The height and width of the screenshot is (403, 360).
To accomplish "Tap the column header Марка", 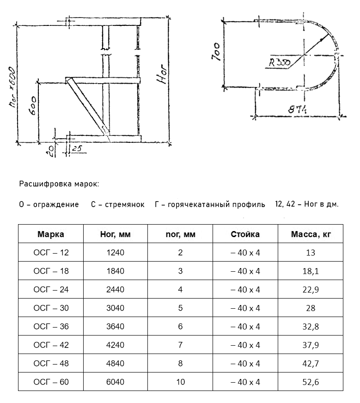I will [51, 234].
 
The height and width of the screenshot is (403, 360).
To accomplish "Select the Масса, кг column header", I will [311, 234].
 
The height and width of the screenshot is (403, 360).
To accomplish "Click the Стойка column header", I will [245, 234].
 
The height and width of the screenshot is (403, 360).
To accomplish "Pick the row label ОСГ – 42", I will [51, 345].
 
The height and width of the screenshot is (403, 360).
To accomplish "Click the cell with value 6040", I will [116, 382].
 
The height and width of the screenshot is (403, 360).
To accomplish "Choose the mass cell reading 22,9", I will [311, 290].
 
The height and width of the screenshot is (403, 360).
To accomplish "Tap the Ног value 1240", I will [116, 253].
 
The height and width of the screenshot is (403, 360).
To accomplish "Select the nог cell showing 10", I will [180, 382].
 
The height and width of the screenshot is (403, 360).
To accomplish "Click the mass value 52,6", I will [311, 382].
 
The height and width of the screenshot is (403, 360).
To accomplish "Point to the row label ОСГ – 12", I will [51, 253].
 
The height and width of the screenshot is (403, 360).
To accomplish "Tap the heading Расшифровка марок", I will [59, 184].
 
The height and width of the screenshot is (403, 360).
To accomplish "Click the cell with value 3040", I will [116, 308].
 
